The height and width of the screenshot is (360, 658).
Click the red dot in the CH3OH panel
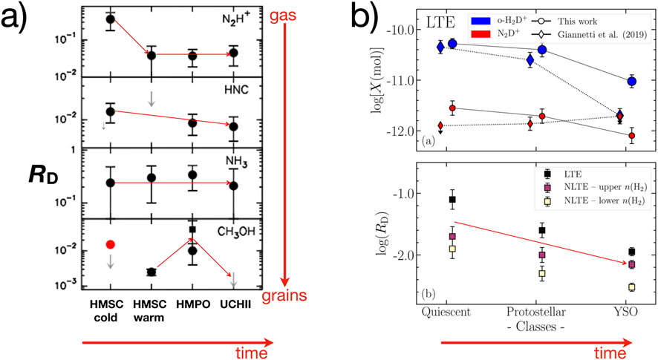[x=110, y=244]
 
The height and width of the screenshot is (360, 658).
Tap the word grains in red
[x=286, y=296]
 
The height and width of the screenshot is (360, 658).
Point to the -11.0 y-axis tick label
[x=397, y=81]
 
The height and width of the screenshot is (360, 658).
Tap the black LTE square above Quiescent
[x=452, y=200]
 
